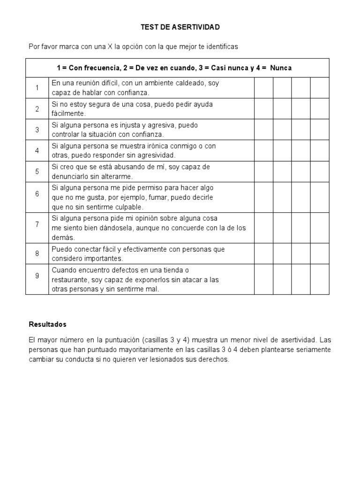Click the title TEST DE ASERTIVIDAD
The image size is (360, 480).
point(180,28)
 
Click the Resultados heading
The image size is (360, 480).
point(47,324)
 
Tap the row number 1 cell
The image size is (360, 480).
point(37,88)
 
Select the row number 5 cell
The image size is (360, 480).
point(37,172)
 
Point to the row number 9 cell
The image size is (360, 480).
point(37,276)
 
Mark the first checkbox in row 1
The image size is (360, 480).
point(263,88)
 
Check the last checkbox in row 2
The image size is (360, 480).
point(320,109)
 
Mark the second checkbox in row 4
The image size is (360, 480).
point(282,150)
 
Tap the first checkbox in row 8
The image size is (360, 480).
point(263,254)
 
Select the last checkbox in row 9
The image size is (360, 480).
point(320,279)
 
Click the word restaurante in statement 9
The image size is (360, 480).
point(68,280)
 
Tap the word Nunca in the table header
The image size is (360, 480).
point(281,68)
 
